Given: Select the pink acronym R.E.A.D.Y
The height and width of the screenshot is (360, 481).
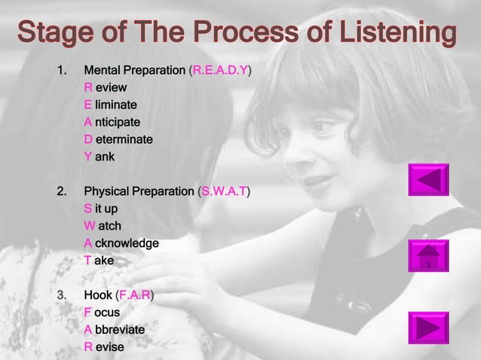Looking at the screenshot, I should click(x=221, y=71).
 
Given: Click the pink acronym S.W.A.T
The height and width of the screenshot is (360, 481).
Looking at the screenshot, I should click(x=224, y=191).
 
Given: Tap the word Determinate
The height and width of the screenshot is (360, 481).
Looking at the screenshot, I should click(x=118, y=139).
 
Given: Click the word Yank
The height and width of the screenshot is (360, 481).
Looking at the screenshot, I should click(x=100, y=157).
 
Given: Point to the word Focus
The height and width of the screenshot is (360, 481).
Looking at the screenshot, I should click(x=102, y=313).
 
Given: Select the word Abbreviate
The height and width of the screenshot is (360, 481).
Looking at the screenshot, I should click(x=114, y=330).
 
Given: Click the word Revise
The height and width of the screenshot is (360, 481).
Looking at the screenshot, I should click(x=103, y=347).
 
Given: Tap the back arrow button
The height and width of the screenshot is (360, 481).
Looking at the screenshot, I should click(x=428, y=180).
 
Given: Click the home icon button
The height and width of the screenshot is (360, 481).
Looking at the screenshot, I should click(x=428, y=256).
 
